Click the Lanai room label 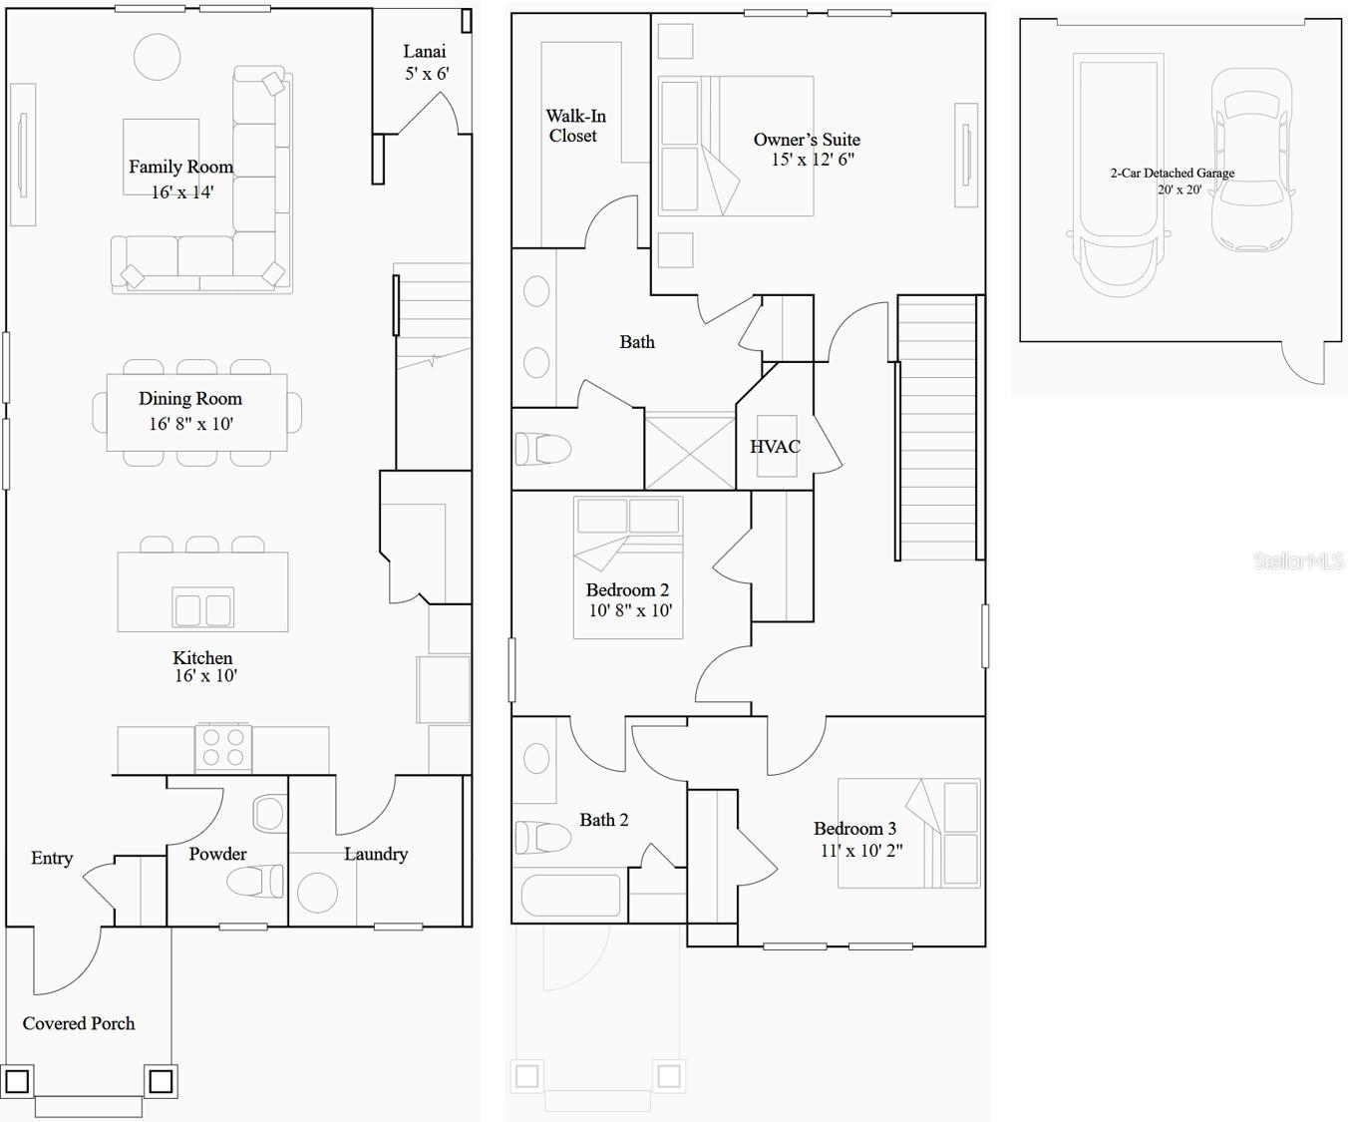click(x=425, y=51)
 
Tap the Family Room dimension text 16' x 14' click(x=182, y=192)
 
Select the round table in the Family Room click(x=157, y=57)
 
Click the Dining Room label click(x=190, y=399)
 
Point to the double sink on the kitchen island click(x=203, y=607)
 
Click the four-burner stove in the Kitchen click(x=223, y=748)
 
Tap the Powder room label click(x=217, y=854)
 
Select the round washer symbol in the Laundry click(x=317, y=892)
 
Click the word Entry click(x=52, y=858)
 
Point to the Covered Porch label click(x=79, y=1023)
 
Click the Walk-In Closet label click(x=575, y=126)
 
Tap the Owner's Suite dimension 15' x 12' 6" click(x=813, y=160)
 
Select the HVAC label click(x=775, y=447)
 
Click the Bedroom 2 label click(x=627, y=589)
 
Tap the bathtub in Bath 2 click(x=568, y=894)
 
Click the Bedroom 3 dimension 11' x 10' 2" click(x=861, y=851)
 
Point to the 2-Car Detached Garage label click(x=1173, y=173)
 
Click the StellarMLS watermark click(x=1298, y=561)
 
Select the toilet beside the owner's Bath click(x=543, y=449)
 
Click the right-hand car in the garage click(x=1252, y=160)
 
